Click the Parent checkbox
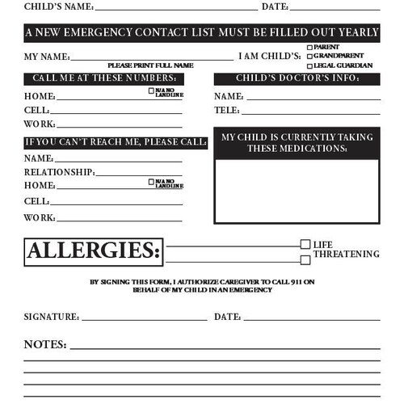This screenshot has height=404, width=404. click(309, 48)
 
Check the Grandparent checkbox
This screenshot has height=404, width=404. click(309, 57)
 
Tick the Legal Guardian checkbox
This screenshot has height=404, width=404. click(309, 65)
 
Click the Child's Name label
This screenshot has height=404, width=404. click(58, 6)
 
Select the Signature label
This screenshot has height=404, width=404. click(51, 318)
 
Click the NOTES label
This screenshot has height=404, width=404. click(45, 344)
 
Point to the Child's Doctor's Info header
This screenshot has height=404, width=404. click(297, 78)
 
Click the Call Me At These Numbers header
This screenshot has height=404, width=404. click(103, 78)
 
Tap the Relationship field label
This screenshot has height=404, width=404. click(59, 172)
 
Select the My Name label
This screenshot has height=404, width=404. click(47, 57)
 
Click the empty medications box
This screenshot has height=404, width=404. click(297, 191)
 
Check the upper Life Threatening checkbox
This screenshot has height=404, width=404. click(305, 244)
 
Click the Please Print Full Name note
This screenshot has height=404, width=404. click(150, 65)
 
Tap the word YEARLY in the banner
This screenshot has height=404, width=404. click(356, 33)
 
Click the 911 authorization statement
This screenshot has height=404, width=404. click(202, 286)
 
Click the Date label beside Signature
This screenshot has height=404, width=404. click(227, 318)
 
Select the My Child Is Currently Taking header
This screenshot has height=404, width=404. click(297, 143)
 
